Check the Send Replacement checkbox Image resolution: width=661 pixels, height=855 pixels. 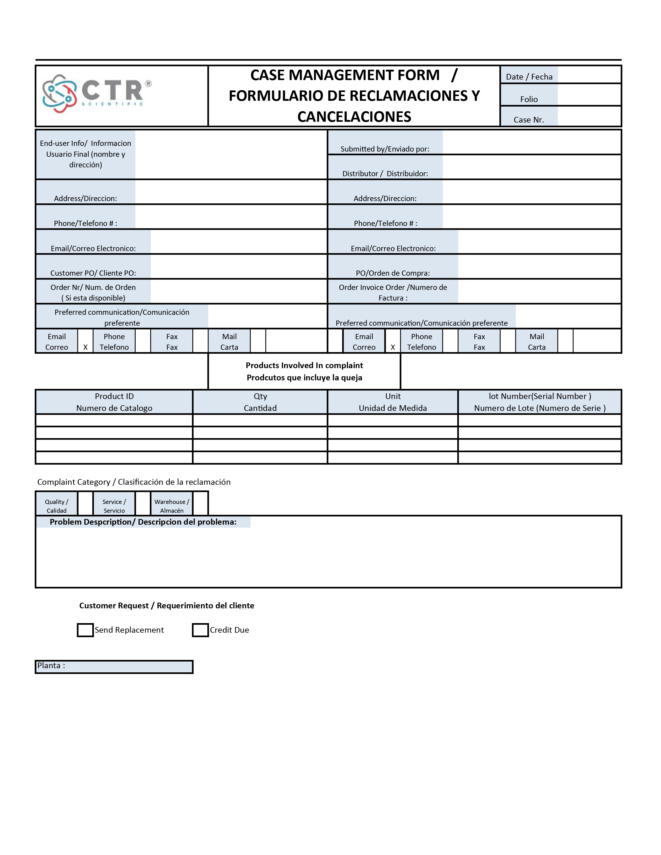[85, 630]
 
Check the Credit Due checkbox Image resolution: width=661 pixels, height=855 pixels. [200, 630]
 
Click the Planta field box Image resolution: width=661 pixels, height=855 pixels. [114, 667]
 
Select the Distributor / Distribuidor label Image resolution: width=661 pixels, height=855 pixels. [385, 173]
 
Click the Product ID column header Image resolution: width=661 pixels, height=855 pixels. [114, 402]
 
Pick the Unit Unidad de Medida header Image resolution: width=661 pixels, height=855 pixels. [393, 402]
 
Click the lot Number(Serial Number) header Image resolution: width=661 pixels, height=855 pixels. [540, 402]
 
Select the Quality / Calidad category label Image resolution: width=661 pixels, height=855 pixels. [57, 506]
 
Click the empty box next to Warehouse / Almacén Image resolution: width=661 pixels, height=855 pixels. [200, 503]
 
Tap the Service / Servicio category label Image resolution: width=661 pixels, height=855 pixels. [114, 506]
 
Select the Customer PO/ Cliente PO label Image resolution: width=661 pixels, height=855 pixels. [93, 273]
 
